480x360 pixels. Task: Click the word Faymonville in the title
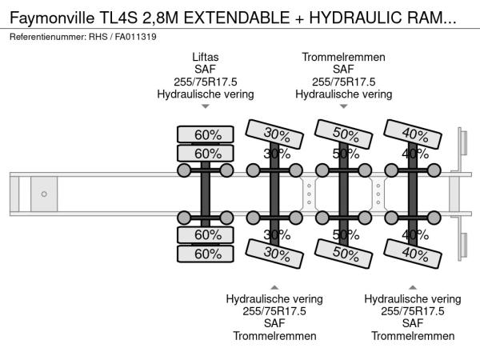click(x=52, y=18)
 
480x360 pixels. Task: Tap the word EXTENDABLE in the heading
click(x=237, y=18)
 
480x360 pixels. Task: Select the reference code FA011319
click(x=136, y=37)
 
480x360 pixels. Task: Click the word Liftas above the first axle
click(x=206, y=57)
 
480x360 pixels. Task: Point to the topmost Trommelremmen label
click(x=343, y=57)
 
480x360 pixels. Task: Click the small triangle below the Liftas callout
click(x=206, y=106)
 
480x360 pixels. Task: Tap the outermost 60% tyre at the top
click(x=206, y=134)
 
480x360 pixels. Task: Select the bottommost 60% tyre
click(x=206, y=254)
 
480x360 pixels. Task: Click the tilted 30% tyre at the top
click(x=274, y=134)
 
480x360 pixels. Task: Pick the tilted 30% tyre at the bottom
click(x=274, y=254)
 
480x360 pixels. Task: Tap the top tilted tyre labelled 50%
click(x=343, y=134)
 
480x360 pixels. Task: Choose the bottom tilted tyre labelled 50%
click(x=343, y=254)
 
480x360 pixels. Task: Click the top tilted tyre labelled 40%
click(x=413, y=134)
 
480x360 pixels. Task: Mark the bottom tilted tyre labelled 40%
click(x=413, y=254)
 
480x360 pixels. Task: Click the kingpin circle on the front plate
click(x=44, y=194)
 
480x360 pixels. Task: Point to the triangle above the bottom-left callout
click(x=274, y=287)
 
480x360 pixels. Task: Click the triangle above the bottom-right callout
click(x=413, y=287)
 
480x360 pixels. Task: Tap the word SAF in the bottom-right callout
click(x=413, y=323)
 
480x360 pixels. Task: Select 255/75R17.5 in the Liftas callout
click(x=206, y=82)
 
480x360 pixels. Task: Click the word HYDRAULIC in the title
click(x=356, y=18)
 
